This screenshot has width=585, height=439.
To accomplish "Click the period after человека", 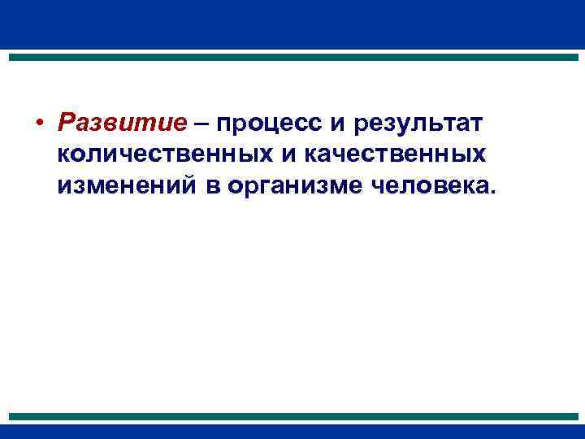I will point(490,193).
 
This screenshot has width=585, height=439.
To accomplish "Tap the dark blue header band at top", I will point(292,24).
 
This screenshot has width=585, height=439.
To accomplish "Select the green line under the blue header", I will point(292,58).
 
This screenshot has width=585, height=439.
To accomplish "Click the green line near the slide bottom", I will point(292,416).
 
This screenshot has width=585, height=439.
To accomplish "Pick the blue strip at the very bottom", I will point(292,432).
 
